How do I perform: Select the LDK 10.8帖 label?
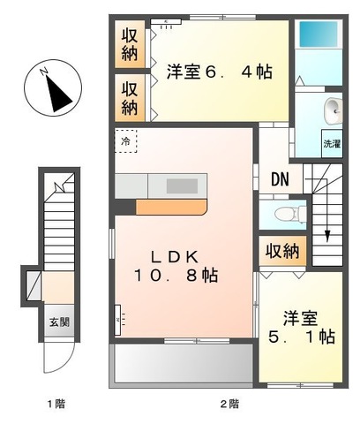(x=184, y=265)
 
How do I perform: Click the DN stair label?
(x=280, y=179)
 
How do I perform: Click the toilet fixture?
(x=284, y=215)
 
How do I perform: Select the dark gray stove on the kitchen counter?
(x=183, y=185)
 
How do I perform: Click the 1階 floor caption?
(x=56, y=404)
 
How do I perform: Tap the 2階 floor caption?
(x=229, y=404)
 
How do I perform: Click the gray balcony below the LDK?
(x=182, y=362)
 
